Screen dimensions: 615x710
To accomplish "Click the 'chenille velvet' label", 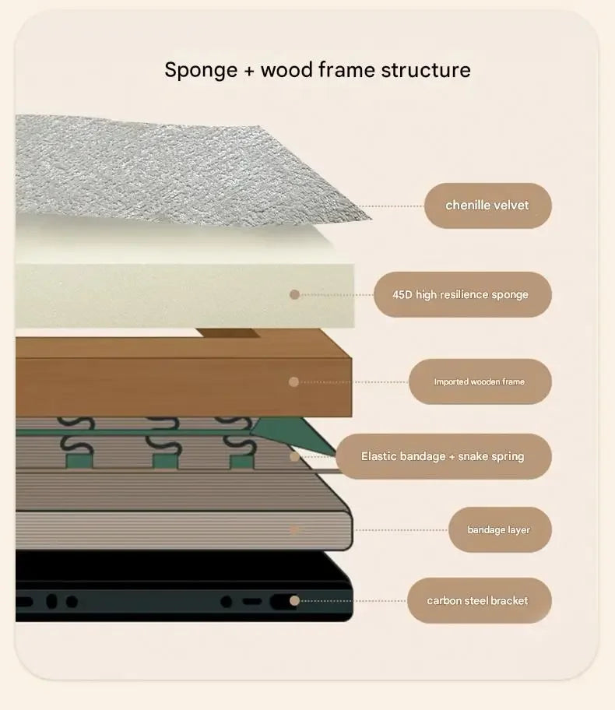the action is point(488,206).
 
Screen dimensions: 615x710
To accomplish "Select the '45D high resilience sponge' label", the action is point(462,294).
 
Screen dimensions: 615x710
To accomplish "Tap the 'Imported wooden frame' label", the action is point(480,381).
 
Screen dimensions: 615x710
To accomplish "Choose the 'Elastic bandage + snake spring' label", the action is point(444,456).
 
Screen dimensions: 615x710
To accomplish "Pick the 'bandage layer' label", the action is point(500,530).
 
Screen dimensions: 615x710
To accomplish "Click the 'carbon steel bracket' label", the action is point(479,600).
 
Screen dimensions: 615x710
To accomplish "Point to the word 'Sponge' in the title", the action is point(201,71).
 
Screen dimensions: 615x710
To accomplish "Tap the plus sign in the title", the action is point(249,72).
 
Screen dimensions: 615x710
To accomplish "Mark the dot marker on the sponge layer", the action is point(294,295).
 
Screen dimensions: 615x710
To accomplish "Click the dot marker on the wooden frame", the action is point(293,381).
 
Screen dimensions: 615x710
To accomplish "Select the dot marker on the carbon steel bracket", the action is point(294,600).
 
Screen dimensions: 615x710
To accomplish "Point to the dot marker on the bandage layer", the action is point(294,529).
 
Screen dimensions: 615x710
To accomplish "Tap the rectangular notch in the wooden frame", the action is point(228,333).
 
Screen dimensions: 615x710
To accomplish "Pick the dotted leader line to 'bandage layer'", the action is point(401,530).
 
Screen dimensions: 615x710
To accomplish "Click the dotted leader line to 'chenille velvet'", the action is point(392,206).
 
